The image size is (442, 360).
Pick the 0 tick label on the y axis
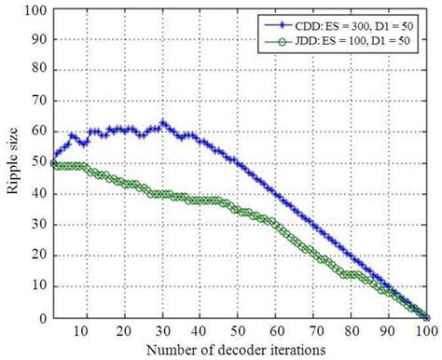click(x=39, y=319)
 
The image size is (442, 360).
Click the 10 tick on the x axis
click(x=86, y=331)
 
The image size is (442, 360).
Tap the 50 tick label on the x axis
click(x=239, y=331)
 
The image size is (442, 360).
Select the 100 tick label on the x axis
click(x=427, y=331)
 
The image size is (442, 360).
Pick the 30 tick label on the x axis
click(x=162, y=331)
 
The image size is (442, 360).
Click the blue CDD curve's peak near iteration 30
click(x=162, y=123)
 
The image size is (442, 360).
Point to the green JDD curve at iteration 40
click(x=200, y=201)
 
